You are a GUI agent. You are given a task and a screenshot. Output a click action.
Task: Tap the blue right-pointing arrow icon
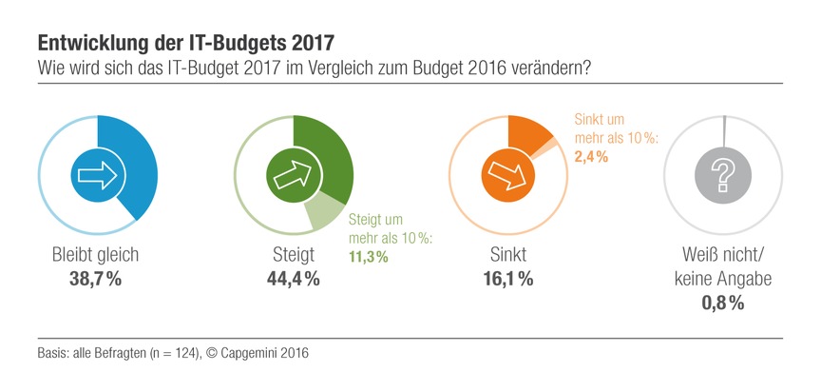coord(95,174)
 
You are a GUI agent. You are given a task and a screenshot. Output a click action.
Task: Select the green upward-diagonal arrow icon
coord(293,174)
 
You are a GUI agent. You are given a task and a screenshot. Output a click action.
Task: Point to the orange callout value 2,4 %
coord(591,155)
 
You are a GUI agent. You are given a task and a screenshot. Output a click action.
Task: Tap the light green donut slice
coord(328,212)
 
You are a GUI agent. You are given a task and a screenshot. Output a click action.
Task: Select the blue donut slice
coord(139,162)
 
